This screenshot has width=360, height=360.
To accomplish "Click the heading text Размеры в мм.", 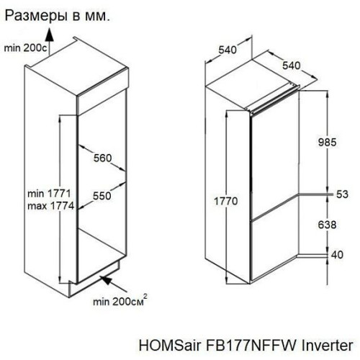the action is click(x=58, y=17).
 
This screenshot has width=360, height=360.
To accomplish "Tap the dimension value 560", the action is click(x=102, y=158).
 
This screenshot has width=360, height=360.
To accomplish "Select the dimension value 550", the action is click(x=102, y=196).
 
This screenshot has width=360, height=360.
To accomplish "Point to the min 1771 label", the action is click(x=49, y=194).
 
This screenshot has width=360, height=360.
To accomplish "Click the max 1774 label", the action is click(x=51, y=206).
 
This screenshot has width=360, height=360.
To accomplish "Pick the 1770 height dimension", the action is click(x=225, y=201).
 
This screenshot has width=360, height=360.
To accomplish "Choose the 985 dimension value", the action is click(x=328, y=143).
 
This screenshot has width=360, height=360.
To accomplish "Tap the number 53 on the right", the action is click(x=342, y=194).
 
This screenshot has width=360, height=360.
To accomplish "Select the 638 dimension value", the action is click(x=327, y=225).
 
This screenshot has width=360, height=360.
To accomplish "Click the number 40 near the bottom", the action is click(x=337, y=255).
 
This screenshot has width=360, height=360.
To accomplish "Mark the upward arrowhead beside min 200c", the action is click(x=50, y=35).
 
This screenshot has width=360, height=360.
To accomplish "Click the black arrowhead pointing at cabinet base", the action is click(x=107, y=280).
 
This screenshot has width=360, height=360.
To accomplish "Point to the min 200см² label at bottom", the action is click(x=120, y=301).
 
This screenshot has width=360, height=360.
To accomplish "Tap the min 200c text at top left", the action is click(x=26, y=48).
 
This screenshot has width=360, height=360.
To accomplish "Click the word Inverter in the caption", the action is click(x=327, y=345).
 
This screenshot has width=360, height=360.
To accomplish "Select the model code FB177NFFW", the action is click(x=251, y=345).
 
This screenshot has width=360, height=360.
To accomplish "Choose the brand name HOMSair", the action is click(x=170, y=345).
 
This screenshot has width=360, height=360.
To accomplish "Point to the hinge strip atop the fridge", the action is click(x=274, y=99).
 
